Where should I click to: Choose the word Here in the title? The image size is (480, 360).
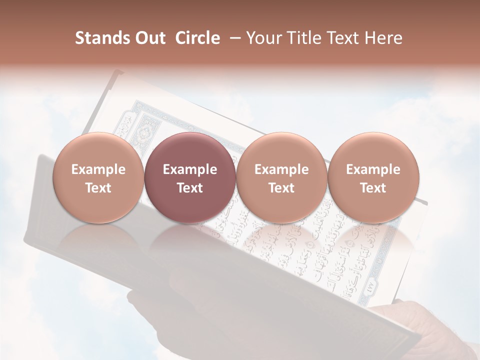383,38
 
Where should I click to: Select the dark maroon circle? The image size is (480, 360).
190,178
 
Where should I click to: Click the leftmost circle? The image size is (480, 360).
98,178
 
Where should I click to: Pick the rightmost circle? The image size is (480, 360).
373,178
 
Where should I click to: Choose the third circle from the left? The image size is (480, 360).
281,178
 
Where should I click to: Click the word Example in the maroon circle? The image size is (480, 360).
190,169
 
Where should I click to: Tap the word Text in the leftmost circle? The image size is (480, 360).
98,188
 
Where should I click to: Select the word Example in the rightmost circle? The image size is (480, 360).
373,169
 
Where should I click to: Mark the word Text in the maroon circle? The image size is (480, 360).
190,188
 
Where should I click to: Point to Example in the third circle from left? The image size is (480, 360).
281,169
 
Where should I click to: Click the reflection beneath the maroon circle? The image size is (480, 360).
190,237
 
